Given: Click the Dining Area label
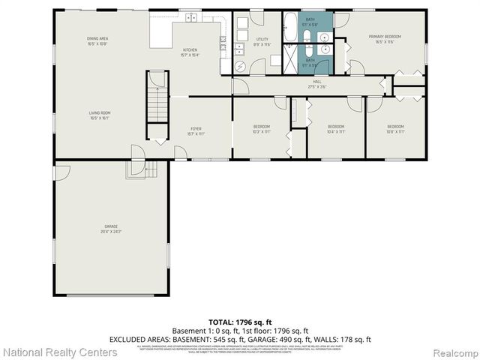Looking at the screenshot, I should click(x=97, y=40).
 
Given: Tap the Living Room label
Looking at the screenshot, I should click(x=99, y=115).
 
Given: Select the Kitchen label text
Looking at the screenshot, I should click(x=190, y=51).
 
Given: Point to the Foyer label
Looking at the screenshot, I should click(x=196, y=130).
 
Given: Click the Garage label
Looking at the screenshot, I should click(x=111, y=228).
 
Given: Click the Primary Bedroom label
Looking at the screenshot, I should click(x=384, y=39).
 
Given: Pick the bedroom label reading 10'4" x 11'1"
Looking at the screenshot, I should click(x=336, y=128).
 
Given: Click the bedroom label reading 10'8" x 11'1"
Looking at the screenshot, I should click(x=394, y=128).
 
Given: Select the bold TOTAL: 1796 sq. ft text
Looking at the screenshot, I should click(x=239, y=322).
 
